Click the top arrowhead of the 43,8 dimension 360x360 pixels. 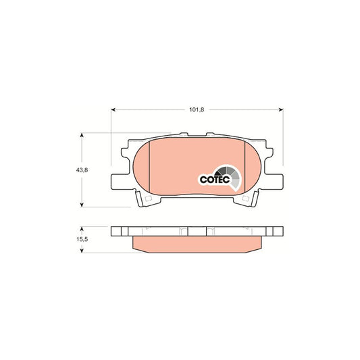(82, 136)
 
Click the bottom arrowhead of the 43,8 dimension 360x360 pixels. (82, 204)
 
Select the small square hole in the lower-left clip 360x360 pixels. (148, 200)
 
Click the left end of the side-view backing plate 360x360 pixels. (116, 230)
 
